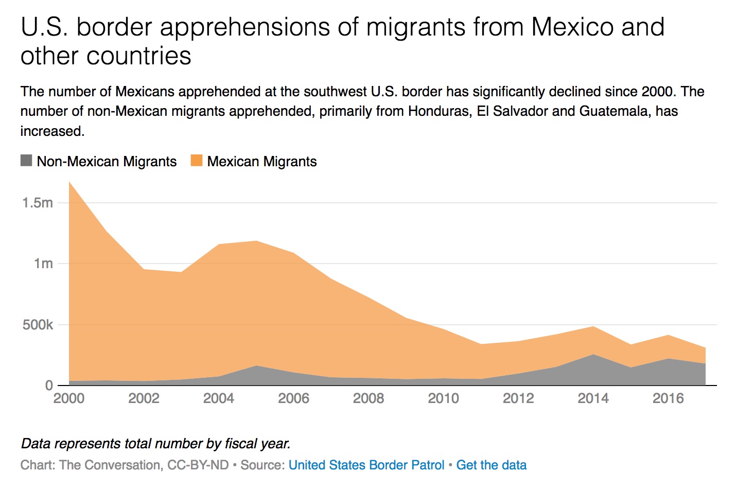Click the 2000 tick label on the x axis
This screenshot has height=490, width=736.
pyautogui.click(x=68, y=398)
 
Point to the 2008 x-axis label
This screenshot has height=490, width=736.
pyautogui.click(x=369, y=398)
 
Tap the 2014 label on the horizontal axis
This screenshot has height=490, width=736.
pyautogui.click(x=593, y=398)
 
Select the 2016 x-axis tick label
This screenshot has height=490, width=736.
pyautogui.click(x=668, y=398)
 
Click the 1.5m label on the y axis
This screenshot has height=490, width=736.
pyautogui.click(x=38, y=203)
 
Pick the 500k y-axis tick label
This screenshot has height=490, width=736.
pyautogui.click(x=38, y=325)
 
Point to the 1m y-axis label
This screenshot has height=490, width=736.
pyautogui.click(x=43, y=264)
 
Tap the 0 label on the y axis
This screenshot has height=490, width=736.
pyautogui.click(x=49, y=385)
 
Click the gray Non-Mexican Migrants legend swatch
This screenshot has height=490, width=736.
pyautogui.click(x=26, y=161)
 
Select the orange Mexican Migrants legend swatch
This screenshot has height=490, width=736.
pyautogui.click(x=197, y=161)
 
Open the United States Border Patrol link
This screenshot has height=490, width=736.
pyautogui.click(x=366, y=465)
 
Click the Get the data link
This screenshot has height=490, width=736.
pyautogui.click(x=491, y=465)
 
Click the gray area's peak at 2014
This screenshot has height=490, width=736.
pyautogui.click(x=593, y=355)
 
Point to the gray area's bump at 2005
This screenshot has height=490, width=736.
pyautogui.click(x=256, y=366)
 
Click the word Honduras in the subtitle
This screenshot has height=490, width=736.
pyautogui.click(x=440, y=111)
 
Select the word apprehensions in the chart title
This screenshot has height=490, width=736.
pyautogui.click(x=245, y=27)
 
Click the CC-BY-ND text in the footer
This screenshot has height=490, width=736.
pyautogui.click(x=198, y=465)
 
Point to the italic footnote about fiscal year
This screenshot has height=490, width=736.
pyautogui.click(x=155, y=444)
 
